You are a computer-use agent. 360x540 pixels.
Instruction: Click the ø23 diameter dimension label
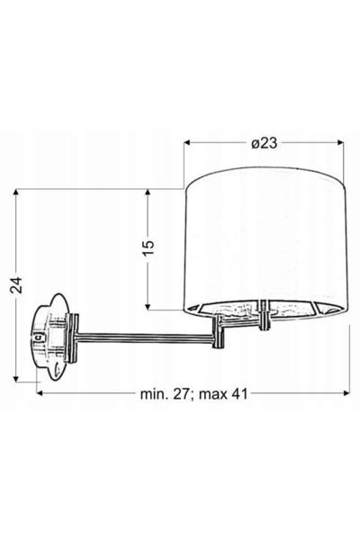point(265,143)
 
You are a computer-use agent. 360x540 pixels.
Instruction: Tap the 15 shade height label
point(148,248)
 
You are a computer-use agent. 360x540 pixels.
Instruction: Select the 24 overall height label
point(16,284)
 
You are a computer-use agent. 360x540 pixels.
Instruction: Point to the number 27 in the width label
point(182,394)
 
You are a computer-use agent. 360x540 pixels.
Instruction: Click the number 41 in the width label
point(239,394)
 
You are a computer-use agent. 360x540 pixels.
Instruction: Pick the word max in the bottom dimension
point(213,395)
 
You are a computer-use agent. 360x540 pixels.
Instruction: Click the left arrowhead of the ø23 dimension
point(187,142)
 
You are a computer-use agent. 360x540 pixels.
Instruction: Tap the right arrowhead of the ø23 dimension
point(340,142)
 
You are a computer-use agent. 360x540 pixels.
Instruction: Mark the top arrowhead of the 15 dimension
point(148,193)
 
